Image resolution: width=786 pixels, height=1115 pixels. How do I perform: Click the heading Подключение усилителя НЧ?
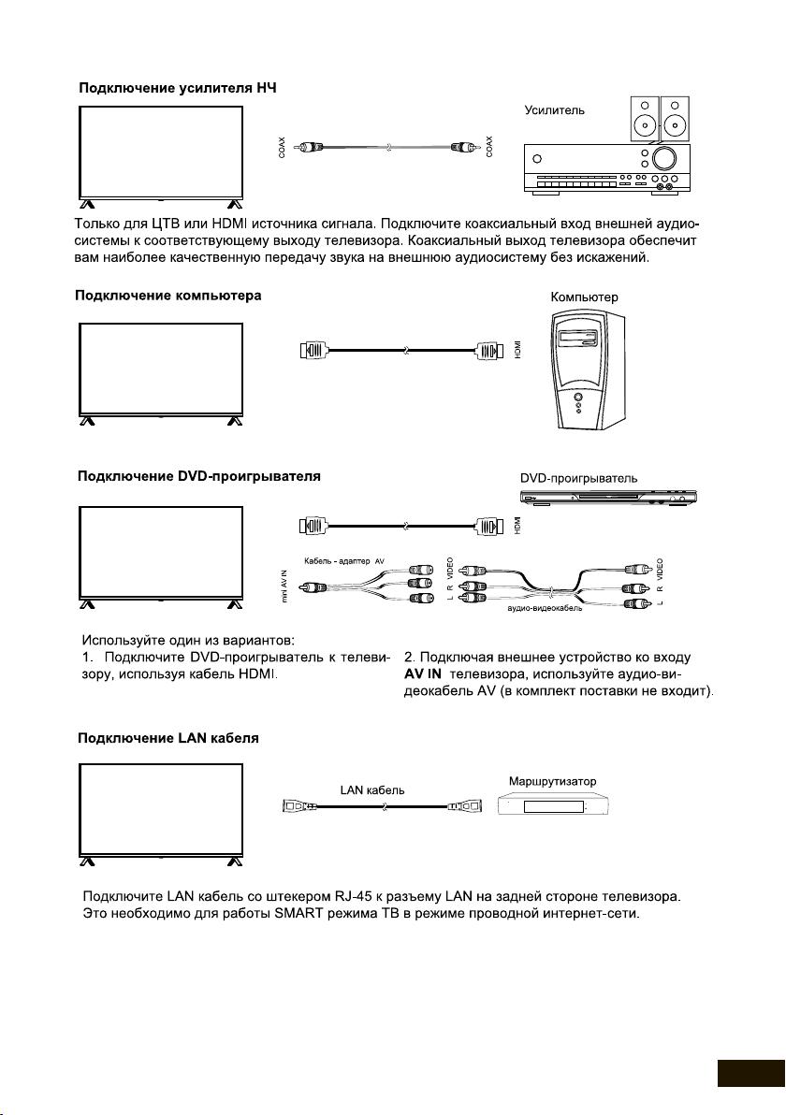point(176,88)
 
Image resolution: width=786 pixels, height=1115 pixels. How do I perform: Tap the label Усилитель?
point(555,110)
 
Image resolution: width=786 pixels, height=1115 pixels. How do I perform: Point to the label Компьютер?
point(585,297)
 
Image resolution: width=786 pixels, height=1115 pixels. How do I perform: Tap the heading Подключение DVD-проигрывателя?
point(198,476)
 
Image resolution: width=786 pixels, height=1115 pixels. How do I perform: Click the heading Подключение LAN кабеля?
point(167,738)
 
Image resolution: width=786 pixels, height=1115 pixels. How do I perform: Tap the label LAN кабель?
point(371,789)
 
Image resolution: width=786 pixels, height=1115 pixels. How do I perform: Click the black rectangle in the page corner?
point(750,1073)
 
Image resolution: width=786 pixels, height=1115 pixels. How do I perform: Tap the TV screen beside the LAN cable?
point(160,806)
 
